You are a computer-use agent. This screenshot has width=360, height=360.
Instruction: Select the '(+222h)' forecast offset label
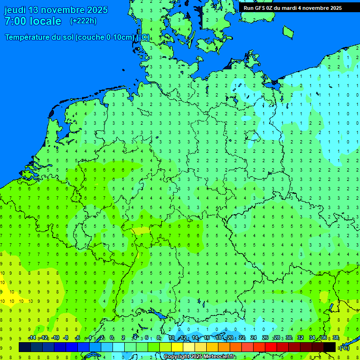pyautogui.click(x=83, y=21)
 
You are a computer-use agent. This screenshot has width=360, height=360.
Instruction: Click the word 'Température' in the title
pyautogui.click(x=29, y=37)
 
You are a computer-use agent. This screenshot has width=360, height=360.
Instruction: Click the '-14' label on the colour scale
pyautogui.click(x=32, y=338)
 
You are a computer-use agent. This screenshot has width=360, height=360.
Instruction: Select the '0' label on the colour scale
pyautogui.click(x=112, y=338)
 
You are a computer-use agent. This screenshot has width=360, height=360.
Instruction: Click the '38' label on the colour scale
pyautogui.click(x=336, y=338)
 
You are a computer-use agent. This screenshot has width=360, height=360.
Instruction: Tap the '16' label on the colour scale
pyautogui.click(x=207, y=338)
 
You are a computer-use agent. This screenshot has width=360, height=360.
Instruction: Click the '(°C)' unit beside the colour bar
pyautogui.click(x=345, y=347)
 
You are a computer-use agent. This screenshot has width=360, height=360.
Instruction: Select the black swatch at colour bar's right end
pyautogui.click(x=330, y=347)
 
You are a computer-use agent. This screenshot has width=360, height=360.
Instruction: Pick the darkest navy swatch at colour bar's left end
pyautogui.click(x=24, y=347)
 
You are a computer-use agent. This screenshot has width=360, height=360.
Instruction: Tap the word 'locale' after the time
pyautogui.click(x=45, y=21)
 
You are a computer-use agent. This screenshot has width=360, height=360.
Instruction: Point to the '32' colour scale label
pyautogui.click(x=300, y=338)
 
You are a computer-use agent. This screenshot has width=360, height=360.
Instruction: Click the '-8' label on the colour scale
pyautogui.click(x=66, y=338)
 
